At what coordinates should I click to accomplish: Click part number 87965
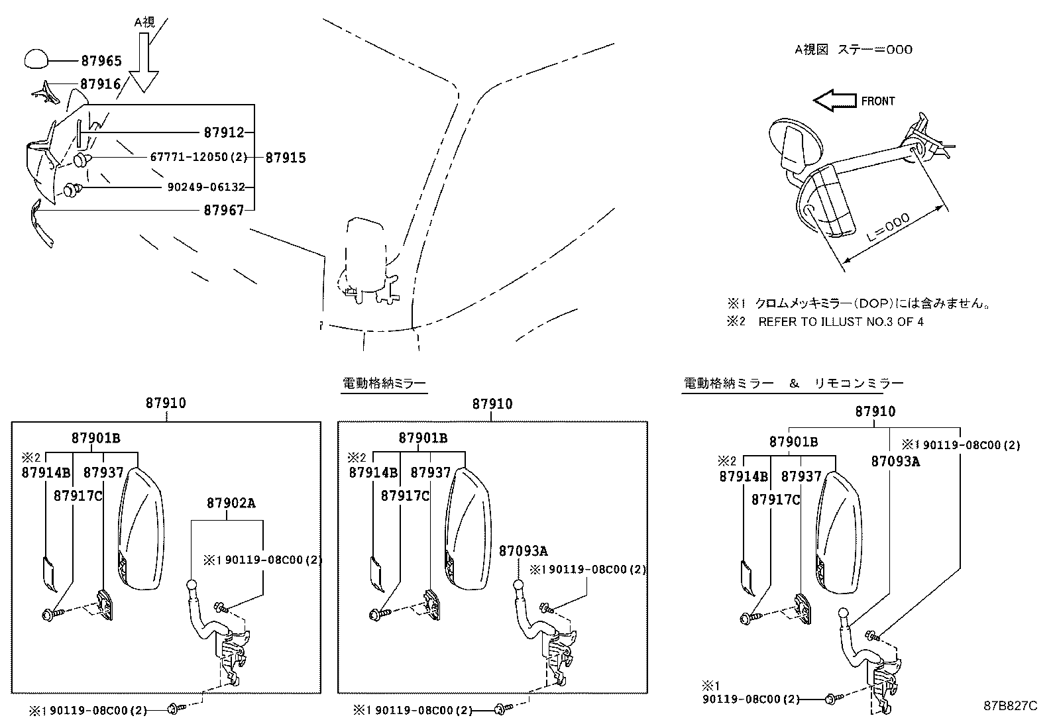tap(101, 61)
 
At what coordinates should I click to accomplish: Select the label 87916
tap(101, 84)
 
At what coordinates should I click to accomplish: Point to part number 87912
tap(224, 132)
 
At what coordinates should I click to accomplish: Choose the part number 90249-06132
tap(206, 187)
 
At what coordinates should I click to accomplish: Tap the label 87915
tap(286, 158)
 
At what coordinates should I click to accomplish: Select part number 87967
tap(224, 211)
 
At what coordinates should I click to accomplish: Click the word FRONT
tap(877, 101)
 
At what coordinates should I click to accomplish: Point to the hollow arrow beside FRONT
tap(834, 101)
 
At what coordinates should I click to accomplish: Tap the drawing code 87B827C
tap(1009, 705)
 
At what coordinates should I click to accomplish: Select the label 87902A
tap(231, 503)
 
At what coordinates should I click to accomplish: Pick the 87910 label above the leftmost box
tap(166, 403)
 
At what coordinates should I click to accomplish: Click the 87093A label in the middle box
tap(524, 551)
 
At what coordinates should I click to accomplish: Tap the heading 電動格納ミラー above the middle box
tap(384, 384)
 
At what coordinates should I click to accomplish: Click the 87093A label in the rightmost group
tap(895, 462)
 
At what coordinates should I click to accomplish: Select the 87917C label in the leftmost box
tap(78, 496)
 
